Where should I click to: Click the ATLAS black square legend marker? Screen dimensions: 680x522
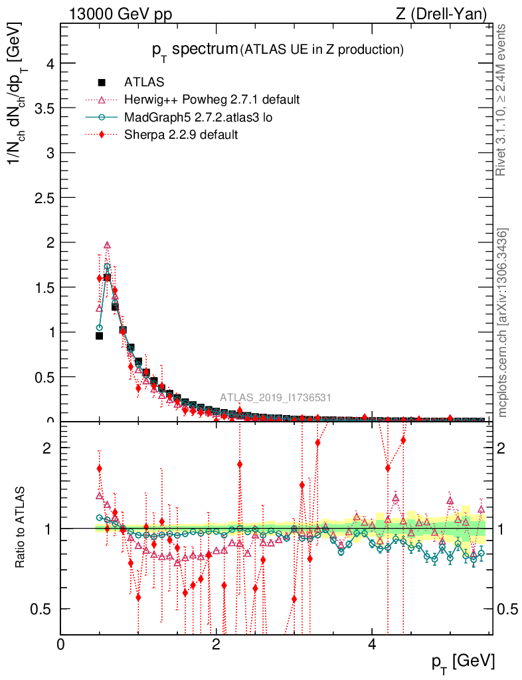coord(102,82)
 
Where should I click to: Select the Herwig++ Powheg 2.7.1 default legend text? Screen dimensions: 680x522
coord(212,100)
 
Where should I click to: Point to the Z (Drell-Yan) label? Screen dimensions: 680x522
coord(448,14)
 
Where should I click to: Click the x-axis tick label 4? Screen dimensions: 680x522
coord(373,644)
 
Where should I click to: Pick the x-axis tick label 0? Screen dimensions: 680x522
coord(61,644)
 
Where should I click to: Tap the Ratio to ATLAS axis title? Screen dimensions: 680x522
coord(21,528)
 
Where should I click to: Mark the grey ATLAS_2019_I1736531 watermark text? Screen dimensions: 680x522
coord(276,398)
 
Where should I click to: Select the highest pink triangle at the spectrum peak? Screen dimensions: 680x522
coord(107,245)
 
